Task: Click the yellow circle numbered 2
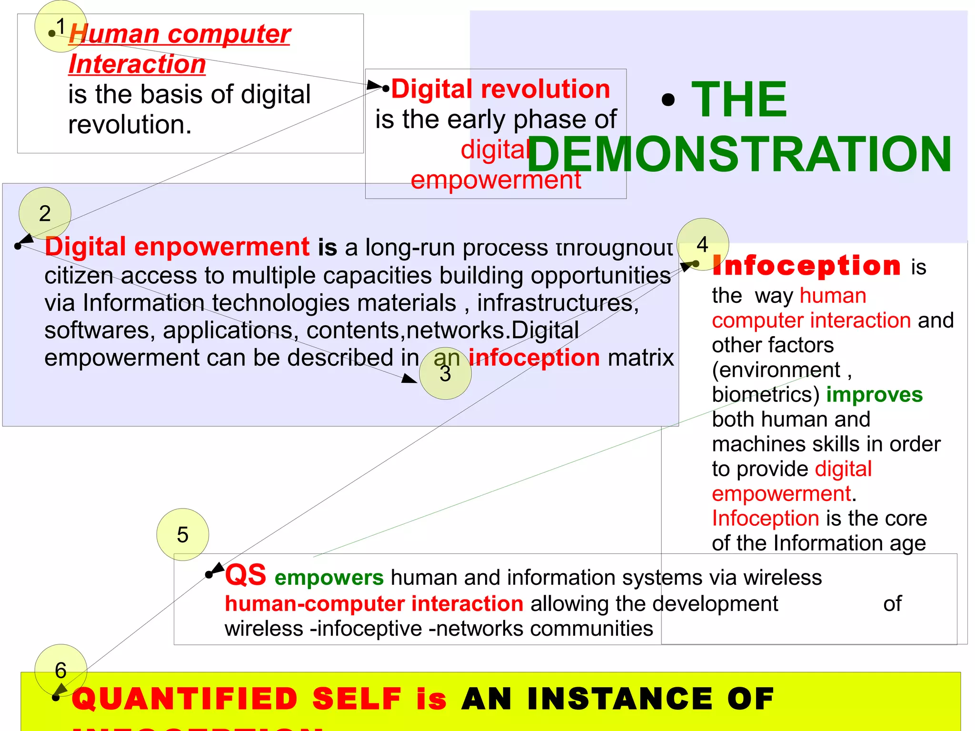[x=45, y=213]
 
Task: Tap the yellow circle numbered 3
[x=445, y=373]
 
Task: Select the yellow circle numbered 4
[x=703, y=244]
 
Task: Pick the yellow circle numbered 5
[x=182, y=534]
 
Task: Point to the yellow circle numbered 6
[x=60, y=670]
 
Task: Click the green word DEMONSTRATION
[x=739, y=154]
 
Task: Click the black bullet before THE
[x=668, y=100]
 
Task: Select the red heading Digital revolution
[x=500, y=89]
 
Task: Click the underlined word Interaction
[x=137, y=64]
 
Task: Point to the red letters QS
[x=245, y=575]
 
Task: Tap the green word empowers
[x=329, y=577]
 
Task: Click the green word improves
[x=874, y=394]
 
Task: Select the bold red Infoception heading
[x=806, y=265]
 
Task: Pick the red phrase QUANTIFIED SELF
[x=237, y=699]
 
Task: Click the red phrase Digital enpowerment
[x=177, y=247]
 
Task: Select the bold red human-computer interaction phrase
[x=374, y=603]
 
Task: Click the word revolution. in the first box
[x=130, y=124]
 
